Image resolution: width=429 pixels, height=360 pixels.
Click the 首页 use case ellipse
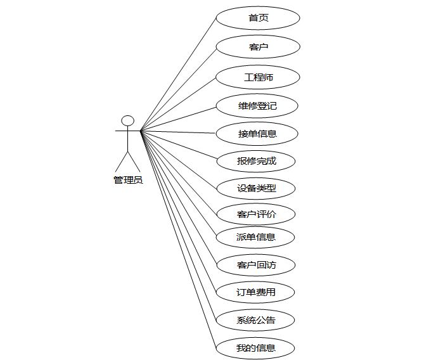pyautogui.click(x=257, y=18)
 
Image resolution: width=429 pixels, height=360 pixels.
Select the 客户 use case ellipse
pyautogui.click(x=257, y=47)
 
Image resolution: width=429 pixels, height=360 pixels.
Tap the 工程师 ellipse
pyautogui.click(x=257, y=77)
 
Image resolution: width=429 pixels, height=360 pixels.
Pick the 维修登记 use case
pyautogui.click(x=257, y=106)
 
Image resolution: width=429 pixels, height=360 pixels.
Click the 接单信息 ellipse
pyautogui.click(x=257, y=134)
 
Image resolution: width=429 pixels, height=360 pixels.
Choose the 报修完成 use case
pyautogui.click(x=257, y=161)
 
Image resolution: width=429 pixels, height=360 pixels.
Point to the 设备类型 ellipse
pyautogui.click(x=257, y=188)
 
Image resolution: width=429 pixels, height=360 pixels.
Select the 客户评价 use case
pyautogui.click(x=256, y=214)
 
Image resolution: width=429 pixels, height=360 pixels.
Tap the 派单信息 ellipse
pyautogui.click(x=256, y=238)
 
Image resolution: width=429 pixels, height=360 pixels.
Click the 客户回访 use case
pyautogui.click(x=256, y=265)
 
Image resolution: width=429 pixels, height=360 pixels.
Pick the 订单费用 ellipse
pyautogui.click(x=256, y=292)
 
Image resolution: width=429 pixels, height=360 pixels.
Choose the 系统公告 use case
pyautogui.click(x=256, y=320)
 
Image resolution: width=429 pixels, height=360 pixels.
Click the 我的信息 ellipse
pyautogui.click(x=256, y=348)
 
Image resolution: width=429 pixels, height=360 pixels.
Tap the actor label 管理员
pyautogui.click(x=128, y=180)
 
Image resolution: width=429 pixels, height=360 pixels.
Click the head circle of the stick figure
pyautogui.click(x=128, y=120)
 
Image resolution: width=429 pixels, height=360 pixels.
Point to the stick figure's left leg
pyautogui.click(x=122, y=162)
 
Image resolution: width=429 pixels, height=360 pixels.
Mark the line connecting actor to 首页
pyautogui.click(x=179, y=75)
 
